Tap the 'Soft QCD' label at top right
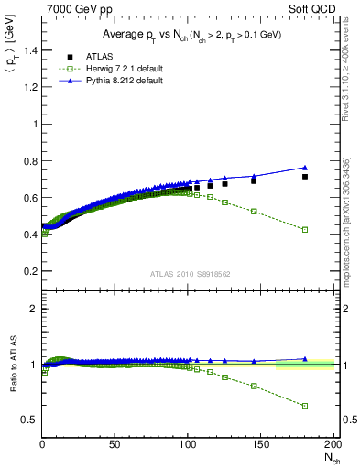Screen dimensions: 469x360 311,9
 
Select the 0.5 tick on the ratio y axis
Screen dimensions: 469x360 29,420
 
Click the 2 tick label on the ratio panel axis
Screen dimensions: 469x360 33,309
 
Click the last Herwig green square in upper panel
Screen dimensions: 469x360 304,230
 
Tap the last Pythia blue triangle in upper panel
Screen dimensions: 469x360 304,168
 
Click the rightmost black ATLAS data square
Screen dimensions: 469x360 304,177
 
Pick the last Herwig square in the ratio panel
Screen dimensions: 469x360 304,406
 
